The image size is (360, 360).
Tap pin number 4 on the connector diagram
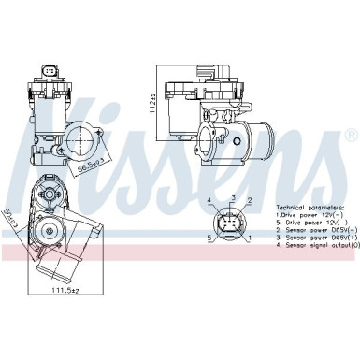209,201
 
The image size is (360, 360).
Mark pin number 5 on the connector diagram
209,239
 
